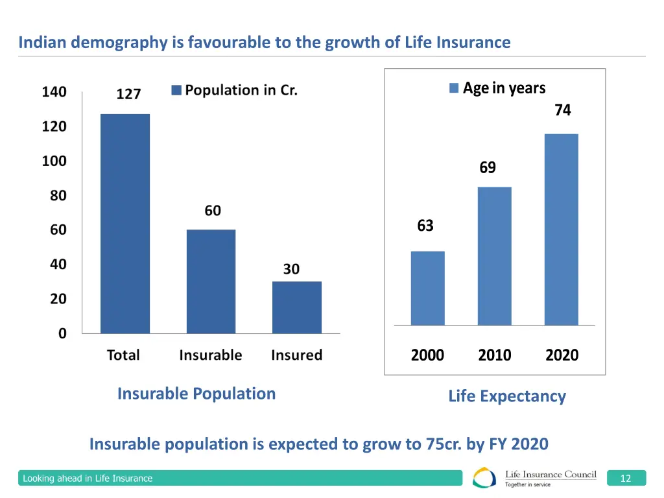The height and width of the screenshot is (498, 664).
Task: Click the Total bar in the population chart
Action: (124, 224)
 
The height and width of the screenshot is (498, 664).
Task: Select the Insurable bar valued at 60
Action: (211, 281)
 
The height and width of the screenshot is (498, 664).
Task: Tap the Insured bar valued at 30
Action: (296, 307)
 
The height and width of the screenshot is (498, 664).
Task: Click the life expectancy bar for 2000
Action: (428, 288)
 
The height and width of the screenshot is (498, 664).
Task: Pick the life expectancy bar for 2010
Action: (494, 255)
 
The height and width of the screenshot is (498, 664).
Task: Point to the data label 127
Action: (128, 95)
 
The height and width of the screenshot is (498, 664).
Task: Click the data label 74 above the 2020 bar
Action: (562, 111)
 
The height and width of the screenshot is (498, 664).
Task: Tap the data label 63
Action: (425, 226)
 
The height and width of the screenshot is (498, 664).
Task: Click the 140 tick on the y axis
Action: (54, 92)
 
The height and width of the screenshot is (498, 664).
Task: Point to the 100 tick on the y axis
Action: (54, 161)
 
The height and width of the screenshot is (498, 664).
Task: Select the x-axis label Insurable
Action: (210, 355)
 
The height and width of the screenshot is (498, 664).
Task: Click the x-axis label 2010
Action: (494, 355)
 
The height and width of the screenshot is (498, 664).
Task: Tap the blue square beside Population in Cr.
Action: (176, 91)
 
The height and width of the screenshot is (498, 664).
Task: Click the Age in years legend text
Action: (504, 88)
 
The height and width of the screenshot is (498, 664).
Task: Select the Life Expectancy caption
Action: (506, 396)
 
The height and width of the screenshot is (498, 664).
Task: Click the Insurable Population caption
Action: (196, 394)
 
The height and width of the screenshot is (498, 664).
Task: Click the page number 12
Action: (626, 479)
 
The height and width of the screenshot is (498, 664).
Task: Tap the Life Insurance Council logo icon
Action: (485, 478)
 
